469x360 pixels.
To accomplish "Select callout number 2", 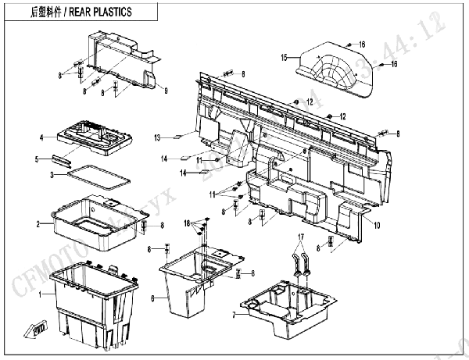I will point(38,225).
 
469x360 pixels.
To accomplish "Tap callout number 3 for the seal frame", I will point(52,174).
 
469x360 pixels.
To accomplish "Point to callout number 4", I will point(42,138).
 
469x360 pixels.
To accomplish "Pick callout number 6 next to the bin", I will point(154,298).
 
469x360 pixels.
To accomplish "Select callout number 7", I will point(233,315).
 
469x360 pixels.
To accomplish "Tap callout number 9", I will point(166,91).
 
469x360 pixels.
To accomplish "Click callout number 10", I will point(377,226).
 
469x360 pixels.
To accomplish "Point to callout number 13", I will point(157,137).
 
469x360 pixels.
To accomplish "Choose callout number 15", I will point(285,56).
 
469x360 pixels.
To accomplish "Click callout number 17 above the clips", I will point(299,235).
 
